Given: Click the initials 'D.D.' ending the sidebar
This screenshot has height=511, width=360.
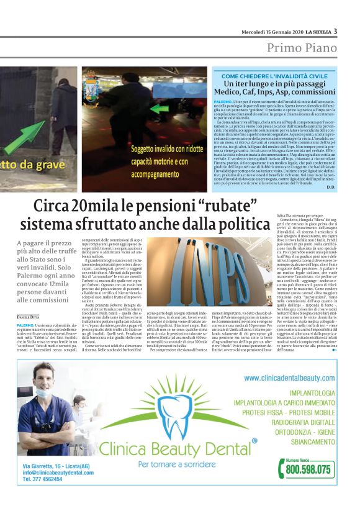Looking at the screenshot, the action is pyautogui.click(x=330, y=188).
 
